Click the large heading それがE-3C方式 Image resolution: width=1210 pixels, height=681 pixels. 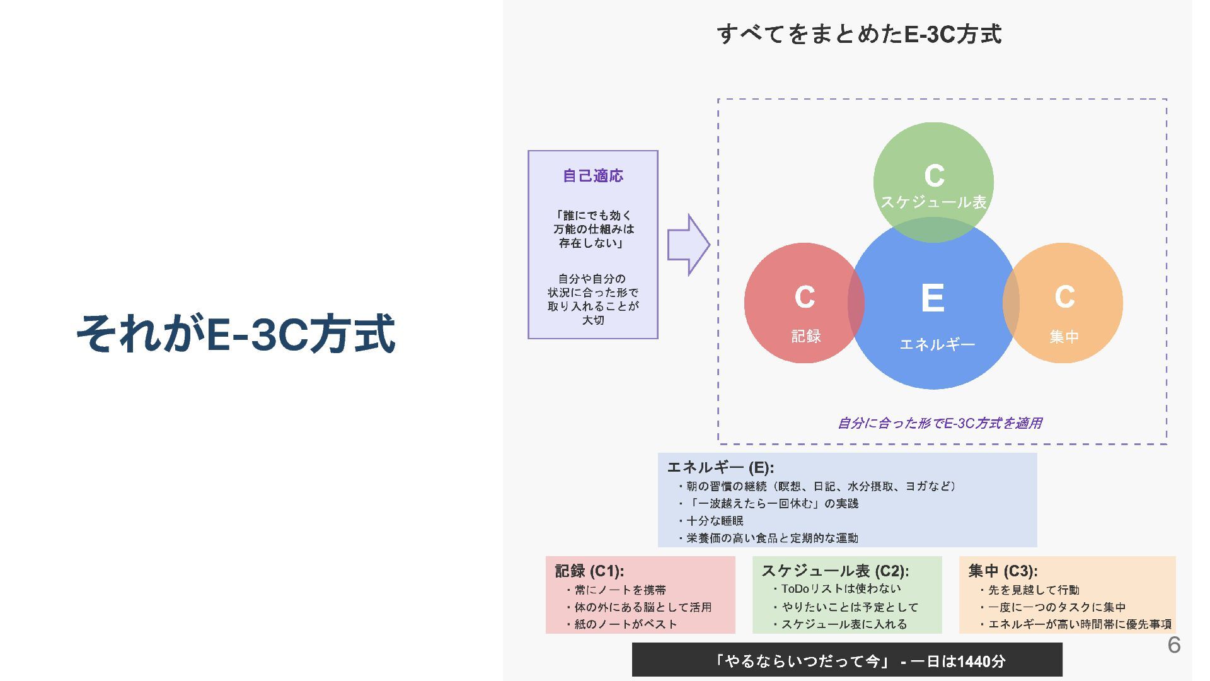click(236, 334)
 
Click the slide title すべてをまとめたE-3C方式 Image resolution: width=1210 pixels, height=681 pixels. click(859, 34)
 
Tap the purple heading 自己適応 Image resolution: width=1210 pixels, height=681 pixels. click(592, 176)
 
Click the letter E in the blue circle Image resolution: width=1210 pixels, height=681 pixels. click(933, 298)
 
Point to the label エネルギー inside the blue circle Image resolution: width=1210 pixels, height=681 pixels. click(937, 344)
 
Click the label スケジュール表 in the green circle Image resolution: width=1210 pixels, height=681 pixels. click(933, 202)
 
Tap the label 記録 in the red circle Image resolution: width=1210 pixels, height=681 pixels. click(806, 336)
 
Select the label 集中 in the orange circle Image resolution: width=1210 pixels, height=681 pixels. click(1064, 337)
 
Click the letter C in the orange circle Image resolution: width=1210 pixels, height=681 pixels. click(1064, 296)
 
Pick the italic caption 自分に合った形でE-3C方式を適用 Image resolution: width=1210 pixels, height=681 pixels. click(939, 423)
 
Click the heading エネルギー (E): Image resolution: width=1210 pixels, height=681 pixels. click(720, 467)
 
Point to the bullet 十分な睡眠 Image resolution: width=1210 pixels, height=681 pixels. click(715, 521)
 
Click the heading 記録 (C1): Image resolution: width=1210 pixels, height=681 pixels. click(589, 571)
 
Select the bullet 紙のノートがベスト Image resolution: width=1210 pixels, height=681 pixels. click(625, 624)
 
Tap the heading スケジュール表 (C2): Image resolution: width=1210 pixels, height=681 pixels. click(835, 571)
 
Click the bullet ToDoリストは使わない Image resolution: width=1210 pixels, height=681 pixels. click(841, 589)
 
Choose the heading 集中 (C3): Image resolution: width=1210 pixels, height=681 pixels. click(1003, 571)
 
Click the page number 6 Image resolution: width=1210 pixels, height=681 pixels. click(1173, 645)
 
